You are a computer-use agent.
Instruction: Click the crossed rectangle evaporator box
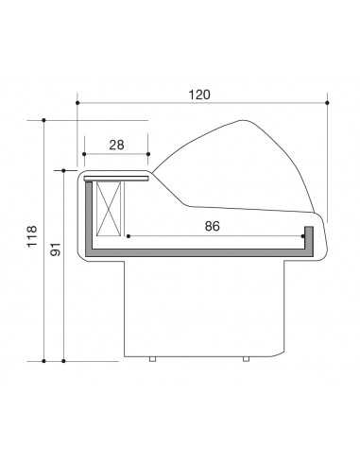click(110, 208)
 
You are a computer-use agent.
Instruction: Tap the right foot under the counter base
click(246, 359)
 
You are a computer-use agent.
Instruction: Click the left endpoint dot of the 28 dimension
click(85, 154)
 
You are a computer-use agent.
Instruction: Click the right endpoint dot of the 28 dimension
click(148, 154)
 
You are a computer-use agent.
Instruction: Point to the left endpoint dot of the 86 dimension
click(127, 235)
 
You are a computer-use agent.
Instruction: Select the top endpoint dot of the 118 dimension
click(43, 120)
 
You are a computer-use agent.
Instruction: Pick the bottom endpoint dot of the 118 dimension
click(43, 360)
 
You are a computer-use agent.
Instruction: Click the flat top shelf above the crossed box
click(115, 176)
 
